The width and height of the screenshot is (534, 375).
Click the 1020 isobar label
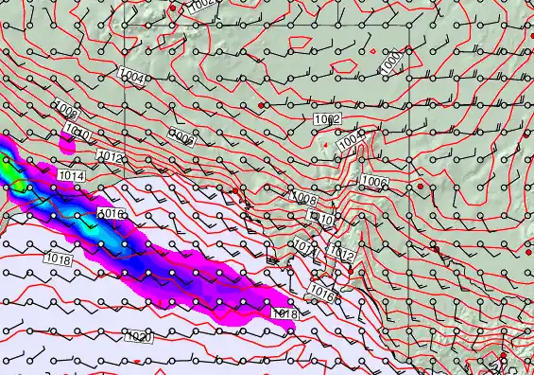(x=139, y=336)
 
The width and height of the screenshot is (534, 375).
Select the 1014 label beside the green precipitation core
(x=71, y=176)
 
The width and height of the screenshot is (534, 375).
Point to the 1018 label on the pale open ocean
(x=58, y=259)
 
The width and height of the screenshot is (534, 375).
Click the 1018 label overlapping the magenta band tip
(x=284, y=313)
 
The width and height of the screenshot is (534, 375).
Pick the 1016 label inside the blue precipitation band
(x=112, y=215)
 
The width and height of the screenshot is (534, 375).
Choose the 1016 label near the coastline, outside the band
(x=322, y=294)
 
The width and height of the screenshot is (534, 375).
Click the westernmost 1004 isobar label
(x=132, y=78)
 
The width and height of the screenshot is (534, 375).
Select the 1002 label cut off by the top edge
(x=201, y=5)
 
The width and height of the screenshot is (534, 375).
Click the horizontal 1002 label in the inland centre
(x=327, y=118)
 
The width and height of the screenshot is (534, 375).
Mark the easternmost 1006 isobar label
(x=374, y=181)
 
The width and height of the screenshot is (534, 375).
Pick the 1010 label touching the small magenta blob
(x=78, y=134)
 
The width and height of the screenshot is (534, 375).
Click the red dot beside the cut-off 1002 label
(x=174, y=8)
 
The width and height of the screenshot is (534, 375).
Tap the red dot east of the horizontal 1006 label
(x=421, y=187)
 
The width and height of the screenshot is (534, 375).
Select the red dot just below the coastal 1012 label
(x=351, y=272)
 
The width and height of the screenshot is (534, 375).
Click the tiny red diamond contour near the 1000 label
(x=374, y=50)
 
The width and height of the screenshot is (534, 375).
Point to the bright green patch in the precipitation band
(x=16, y=178)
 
